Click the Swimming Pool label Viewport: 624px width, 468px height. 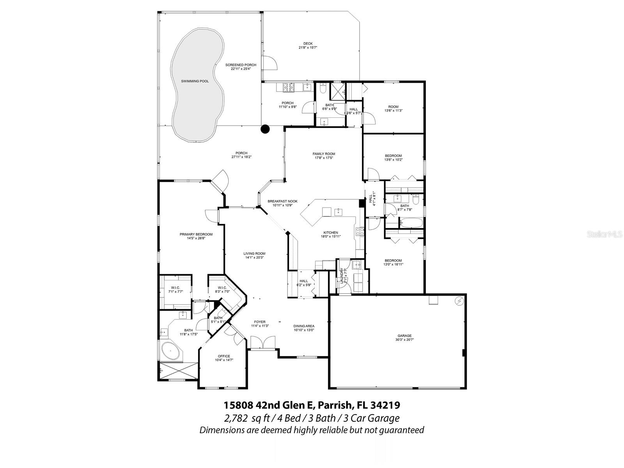(195, 81)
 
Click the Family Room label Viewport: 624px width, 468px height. (324, 154)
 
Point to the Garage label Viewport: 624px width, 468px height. (404, 335)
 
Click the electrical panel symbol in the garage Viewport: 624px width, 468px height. (459, 301)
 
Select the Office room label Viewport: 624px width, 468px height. (224, 356)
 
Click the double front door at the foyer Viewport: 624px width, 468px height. (264, 343)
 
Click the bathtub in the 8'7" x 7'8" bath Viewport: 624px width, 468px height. (411, 223)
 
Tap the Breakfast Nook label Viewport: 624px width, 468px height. (282, 201)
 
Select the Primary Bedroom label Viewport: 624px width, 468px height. (196, 234)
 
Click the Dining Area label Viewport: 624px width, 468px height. (304, 326)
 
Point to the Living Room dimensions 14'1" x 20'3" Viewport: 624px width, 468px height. (254, 257)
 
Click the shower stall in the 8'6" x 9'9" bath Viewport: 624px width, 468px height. (337, 90)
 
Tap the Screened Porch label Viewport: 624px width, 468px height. (241, 65)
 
